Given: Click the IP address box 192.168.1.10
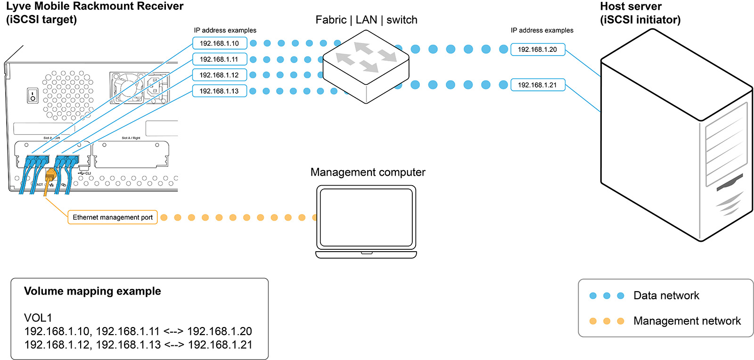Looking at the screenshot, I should pos(220,43).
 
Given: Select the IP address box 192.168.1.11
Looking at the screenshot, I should pos(220,59).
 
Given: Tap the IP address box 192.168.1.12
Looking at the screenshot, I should pos(220,75).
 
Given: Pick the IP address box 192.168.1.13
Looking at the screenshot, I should pos(220,91).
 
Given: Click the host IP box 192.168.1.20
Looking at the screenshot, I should pos(538,49).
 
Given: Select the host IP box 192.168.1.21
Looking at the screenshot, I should pos(538,85).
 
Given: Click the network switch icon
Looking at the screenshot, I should pos(366,66).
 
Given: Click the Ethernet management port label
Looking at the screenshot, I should pos(113,217).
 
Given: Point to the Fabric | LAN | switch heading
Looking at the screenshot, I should pos(366,20).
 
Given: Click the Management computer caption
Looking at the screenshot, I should pos(368,172).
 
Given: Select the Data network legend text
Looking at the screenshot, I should pos(666,295).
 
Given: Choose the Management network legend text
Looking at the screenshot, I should pos(687,321).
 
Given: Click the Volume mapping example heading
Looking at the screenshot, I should pos(92,291).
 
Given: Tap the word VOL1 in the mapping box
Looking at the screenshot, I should pos(38,318).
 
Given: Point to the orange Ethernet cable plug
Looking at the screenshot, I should pos(50,177).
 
